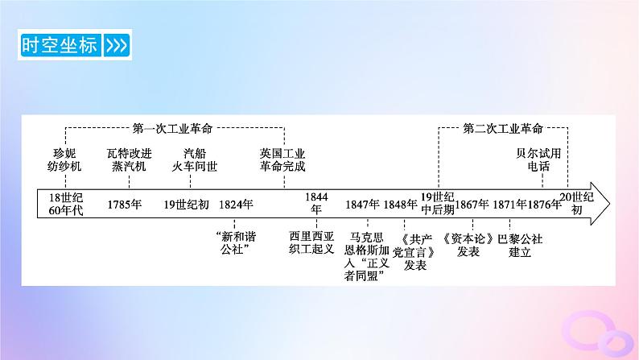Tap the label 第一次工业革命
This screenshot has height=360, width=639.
click(x=178, y=128)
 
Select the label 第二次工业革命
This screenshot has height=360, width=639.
click(x=504, y=128)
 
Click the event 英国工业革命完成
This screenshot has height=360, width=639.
click(x=282, y=159)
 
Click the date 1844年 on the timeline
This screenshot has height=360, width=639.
click(x=316, y=202)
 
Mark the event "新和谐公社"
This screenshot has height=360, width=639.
click(x=237, y=244)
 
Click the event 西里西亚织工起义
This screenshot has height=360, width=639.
click(x=316, y=244)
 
